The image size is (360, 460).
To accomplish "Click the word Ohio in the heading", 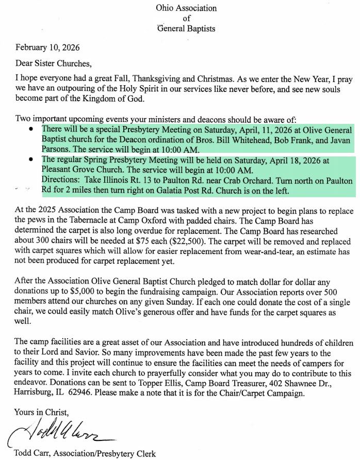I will click(x=165, y=8).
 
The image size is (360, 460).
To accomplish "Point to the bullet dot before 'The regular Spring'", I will click(x=32, y=161).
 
